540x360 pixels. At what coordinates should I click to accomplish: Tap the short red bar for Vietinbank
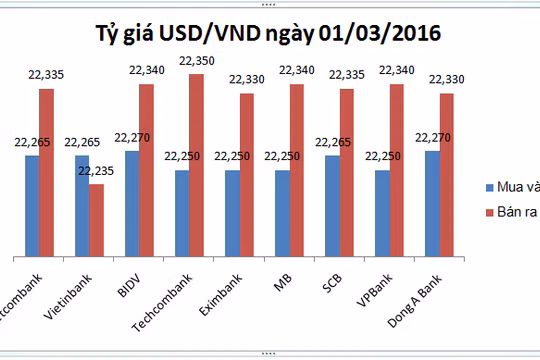click(96, 219)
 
